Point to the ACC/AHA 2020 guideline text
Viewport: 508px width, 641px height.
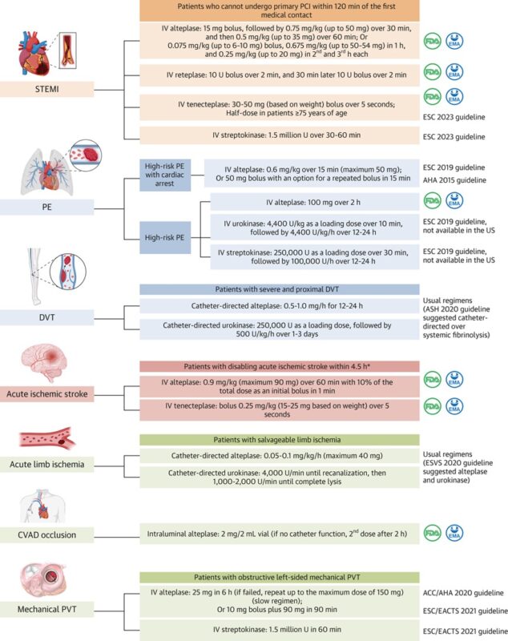(466, 592)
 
